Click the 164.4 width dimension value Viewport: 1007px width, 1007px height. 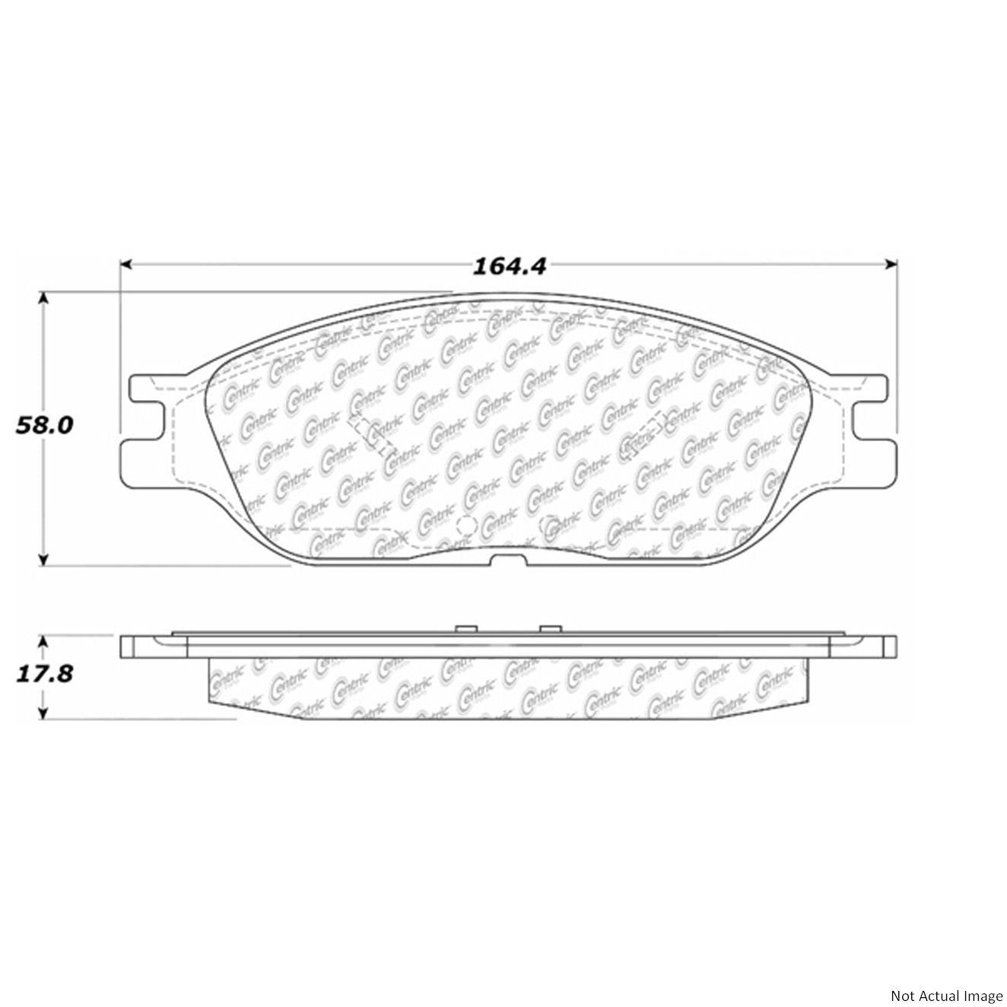(509, 265)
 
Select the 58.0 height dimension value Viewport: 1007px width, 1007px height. (45, 425)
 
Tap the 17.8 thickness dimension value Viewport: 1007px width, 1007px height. (45, 673)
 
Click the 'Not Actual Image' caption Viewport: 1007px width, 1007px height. (946, 995)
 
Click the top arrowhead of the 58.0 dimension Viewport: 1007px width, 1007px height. (44, 297)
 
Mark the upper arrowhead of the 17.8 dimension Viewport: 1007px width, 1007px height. (44, 643)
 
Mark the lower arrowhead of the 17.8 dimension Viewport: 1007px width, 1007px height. (44, 713)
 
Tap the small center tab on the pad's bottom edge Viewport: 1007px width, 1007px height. (508, 561)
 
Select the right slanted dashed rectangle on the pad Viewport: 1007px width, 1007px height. (645, 434)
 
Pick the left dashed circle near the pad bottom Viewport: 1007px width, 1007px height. (465, 526)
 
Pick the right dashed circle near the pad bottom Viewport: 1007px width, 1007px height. (548, 526)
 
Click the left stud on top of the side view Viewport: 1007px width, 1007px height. (465, 629)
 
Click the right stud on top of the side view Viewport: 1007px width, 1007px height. (549, 629)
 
